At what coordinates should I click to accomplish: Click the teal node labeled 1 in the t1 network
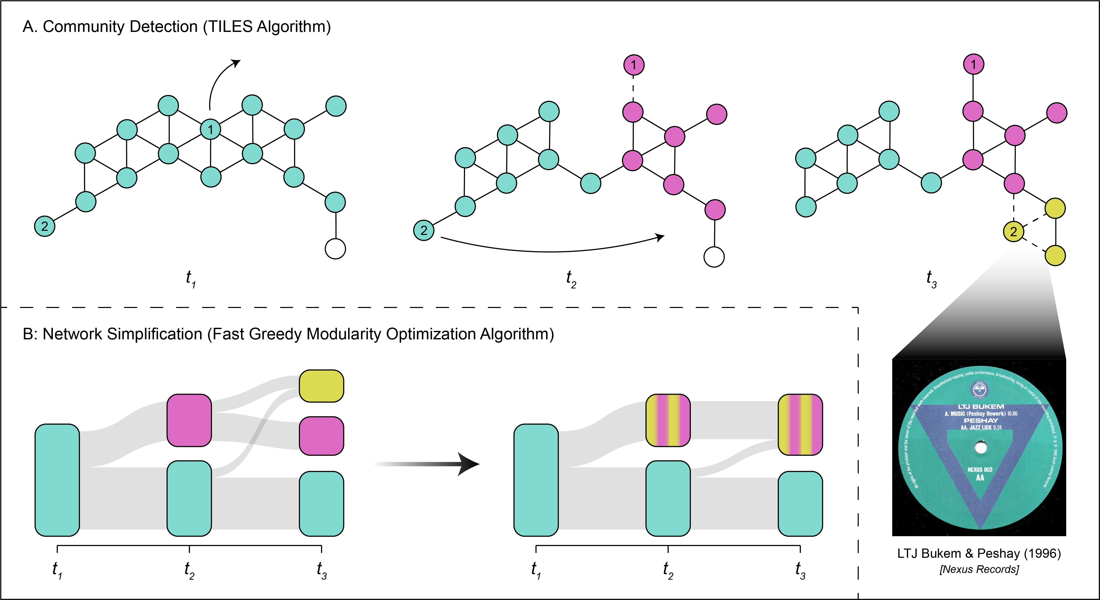coord(211,129)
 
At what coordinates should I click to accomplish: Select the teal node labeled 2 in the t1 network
coord(44,226)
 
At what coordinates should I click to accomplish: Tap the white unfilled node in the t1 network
coord(335,249)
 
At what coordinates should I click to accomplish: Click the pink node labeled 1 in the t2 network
coord(634,65)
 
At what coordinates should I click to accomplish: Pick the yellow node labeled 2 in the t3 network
coord(1013,232)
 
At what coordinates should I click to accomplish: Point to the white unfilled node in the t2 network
coord(714,257)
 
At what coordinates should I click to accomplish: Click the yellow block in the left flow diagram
coord(322,386)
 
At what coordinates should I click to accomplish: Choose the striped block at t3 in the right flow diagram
coord(801,425)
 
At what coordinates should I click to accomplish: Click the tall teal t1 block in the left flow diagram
coord(57,480)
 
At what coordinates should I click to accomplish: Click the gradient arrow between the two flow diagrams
coord(427,464)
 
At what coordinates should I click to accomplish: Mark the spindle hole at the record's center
coord(981,448)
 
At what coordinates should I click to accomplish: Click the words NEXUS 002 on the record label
coord(980,469)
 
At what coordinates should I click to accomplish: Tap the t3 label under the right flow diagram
coord(800,570)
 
